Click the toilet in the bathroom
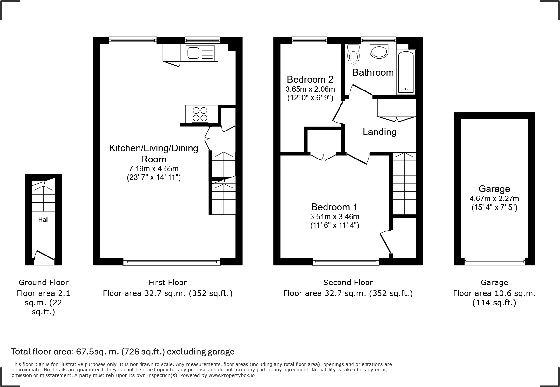point(353,55)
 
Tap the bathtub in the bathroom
point(406,72)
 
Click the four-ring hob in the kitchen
point(200,114)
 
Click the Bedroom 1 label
point(334,207)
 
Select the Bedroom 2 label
point(310,79)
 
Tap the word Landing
point(379,132)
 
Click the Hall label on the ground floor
point(43,220)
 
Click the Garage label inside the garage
point(494,189)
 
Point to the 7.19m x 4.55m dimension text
point(153,169)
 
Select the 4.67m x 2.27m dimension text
point(494,199)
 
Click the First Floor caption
point(167,283)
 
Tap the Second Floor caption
point(348,283)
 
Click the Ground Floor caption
point(43,283)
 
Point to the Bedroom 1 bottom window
point(345,261)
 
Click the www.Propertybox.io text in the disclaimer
point(231,375)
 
